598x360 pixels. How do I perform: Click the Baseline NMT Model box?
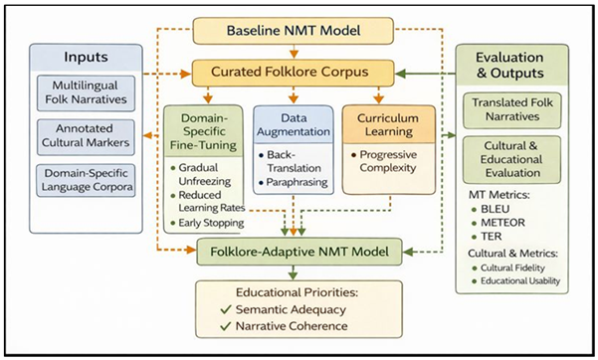click(x=299, y=31)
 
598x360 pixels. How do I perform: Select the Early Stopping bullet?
click(x=207, y=222)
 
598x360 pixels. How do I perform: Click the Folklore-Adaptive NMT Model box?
click(x=299, y=253)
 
